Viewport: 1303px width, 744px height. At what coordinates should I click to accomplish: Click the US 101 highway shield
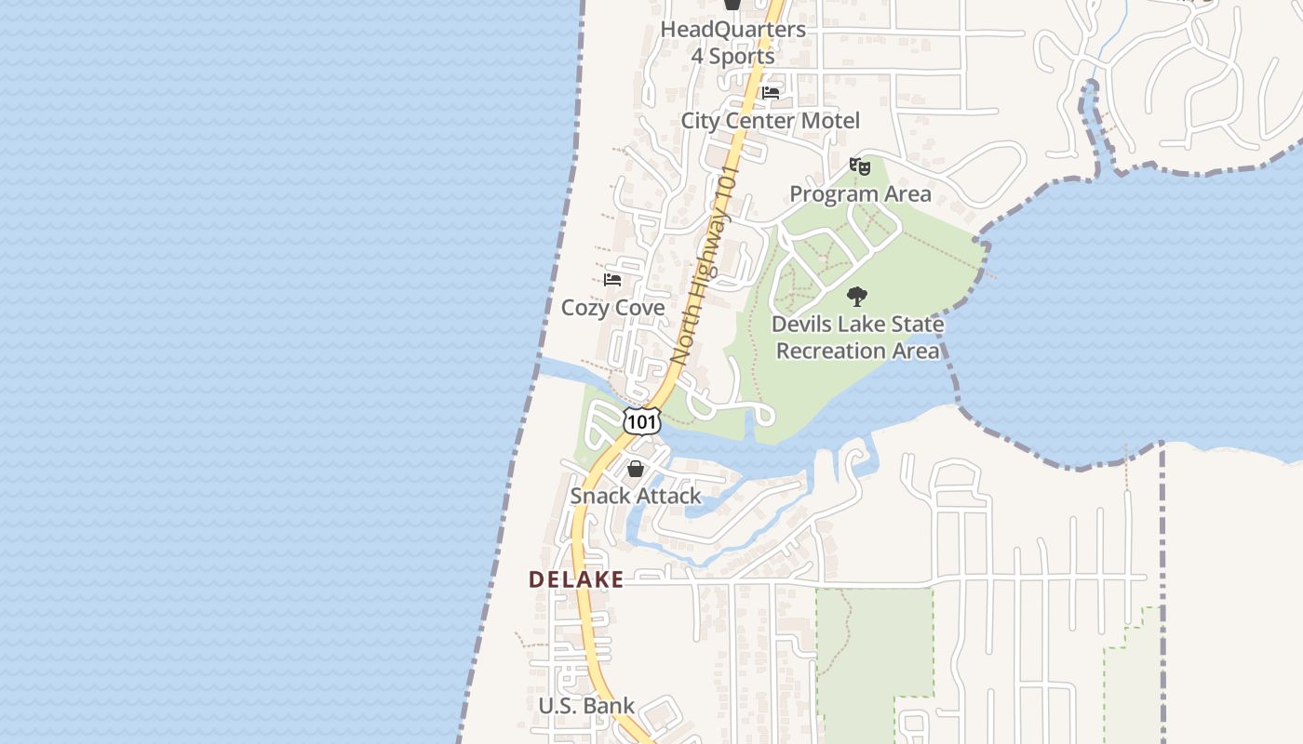(x=642, y=420)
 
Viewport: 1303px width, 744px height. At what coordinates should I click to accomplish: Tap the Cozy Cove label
(x=613, y=308)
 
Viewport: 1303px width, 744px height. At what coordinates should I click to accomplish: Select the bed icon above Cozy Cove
(x=612, y=279)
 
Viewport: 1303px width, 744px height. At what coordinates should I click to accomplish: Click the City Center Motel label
(x=770, y=121)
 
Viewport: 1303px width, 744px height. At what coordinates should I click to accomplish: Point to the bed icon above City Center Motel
(x=771, y=93)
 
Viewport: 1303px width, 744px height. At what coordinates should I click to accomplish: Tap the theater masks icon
(x=859, y=166)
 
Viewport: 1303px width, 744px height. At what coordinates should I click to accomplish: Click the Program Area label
(x=860, y=194)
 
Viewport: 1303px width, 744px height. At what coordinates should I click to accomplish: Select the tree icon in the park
(x=857, y=298)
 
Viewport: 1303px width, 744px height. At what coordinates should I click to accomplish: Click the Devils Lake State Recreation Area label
(x=857, y=338)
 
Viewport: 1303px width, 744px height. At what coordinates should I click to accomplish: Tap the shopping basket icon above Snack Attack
(x=636, y=469)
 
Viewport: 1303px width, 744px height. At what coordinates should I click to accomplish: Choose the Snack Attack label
(x=636, y=496)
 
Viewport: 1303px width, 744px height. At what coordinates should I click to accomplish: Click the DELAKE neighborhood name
(x=576, y=579)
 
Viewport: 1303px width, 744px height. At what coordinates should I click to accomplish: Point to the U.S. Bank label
(x=586, y=706)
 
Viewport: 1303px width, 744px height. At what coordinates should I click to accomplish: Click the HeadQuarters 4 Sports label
(x=732, y=43)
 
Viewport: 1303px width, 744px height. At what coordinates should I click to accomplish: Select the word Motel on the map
(x=830, y=121)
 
